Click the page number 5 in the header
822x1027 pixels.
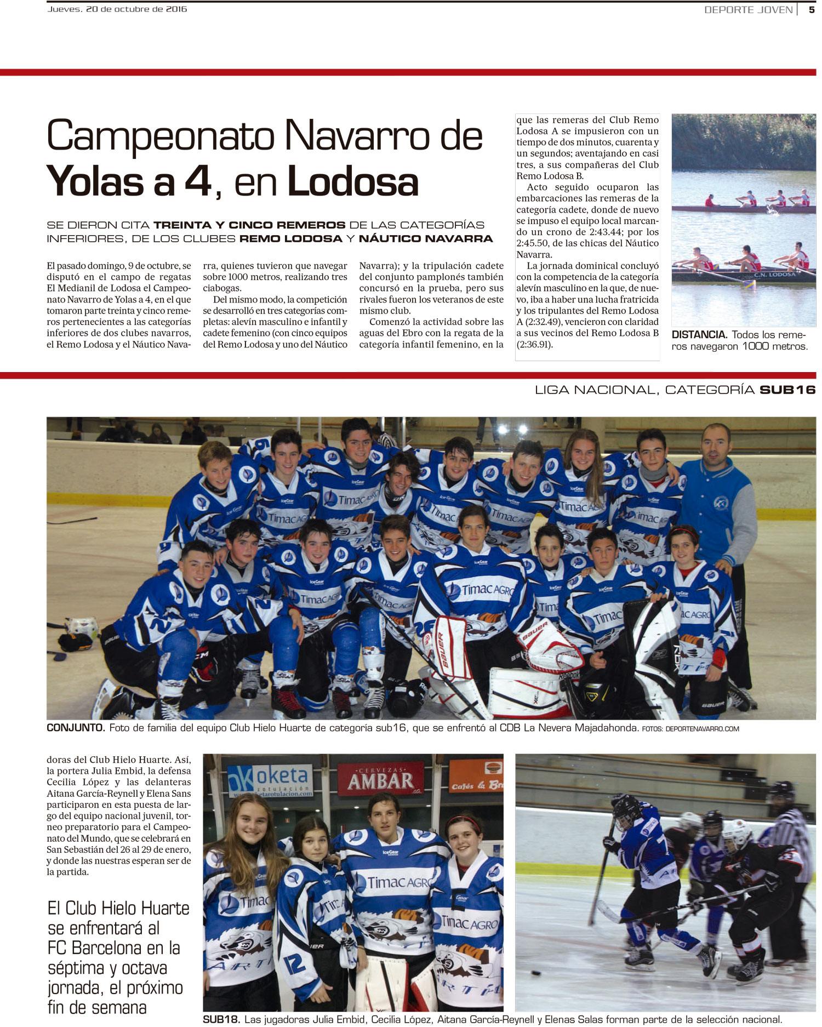[811, 9]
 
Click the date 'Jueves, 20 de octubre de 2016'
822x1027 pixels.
[117, 9]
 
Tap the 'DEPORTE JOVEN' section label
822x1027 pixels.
[748, 10]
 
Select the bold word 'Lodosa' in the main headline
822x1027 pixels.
[353, 182]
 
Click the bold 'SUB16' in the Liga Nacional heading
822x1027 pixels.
[787, 390]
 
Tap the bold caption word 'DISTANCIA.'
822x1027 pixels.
[699, 335]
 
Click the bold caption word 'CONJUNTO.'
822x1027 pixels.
[76, 728]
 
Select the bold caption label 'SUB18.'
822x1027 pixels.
[221, 1019]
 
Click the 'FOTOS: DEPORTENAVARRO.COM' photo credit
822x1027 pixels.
[690, 729]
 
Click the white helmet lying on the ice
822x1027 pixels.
[82, 627]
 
